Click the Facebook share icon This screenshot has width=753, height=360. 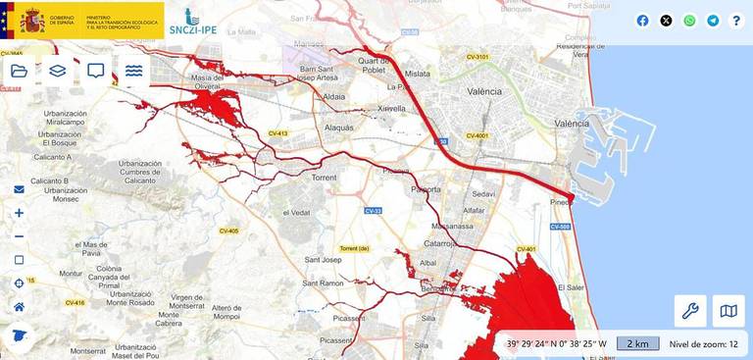643,21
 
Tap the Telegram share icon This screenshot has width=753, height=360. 713,21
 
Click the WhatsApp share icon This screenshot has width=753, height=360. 689,21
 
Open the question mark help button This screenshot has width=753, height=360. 736,21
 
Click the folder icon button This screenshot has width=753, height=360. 19,71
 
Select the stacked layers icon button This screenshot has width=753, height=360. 57,71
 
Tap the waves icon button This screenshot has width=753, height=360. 134,71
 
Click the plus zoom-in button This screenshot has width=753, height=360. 19,213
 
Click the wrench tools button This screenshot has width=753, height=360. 690,311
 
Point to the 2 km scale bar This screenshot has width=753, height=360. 638,343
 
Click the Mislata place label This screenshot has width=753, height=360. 417,74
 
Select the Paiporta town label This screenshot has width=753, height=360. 426,188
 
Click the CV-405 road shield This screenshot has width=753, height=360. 227,231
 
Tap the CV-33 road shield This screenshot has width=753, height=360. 373,211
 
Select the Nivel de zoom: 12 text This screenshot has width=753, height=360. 704,343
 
